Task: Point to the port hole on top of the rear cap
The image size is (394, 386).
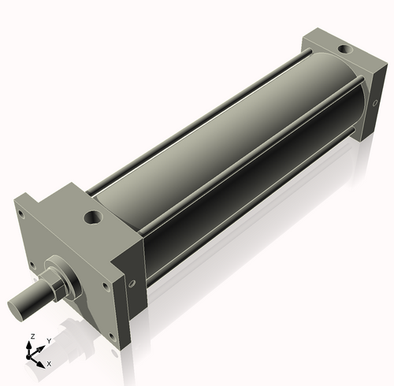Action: coord(344,51)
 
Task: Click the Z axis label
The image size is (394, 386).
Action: coord(32,336)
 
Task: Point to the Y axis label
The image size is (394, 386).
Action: coord(48,340)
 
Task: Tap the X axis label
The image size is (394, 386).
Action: coord(49,363)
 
